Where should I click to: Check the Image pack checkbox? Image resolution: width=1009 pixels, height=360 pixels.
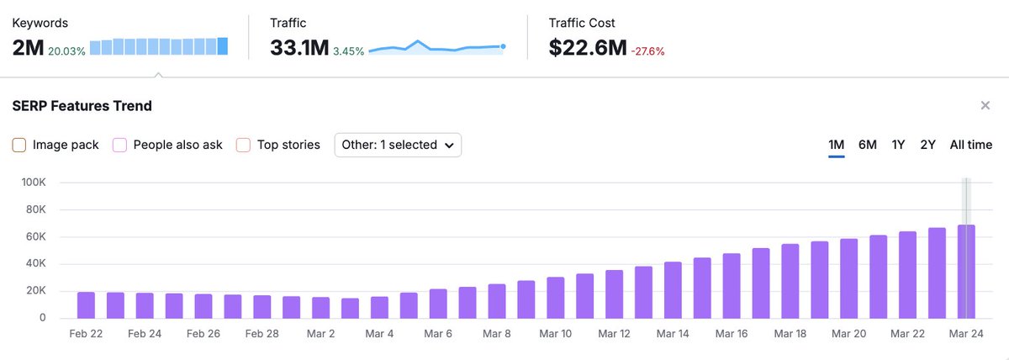pyautogui.click(x=19, y=145)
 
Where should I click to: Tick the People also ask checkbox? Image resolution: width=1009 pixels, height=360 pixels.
pyautogui.click(x=119, y=145)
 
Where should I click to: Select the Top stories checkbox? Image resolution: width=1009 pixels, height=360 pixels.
pyautogui.click(x=244, y=145)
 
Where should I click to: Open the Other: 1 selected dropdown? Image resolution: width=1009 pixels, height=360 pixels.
pyautogui.click(x=398, y=145)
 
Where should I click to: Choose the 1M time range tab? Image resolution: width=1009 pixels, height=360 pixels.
pyautogui.click(x=836, y=145)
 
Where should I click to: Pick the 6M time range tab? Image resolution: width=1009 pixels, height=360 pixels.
pyautogui.click(x=867, y=145)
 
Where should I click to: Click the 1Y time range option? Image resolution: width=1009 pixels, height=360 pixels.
pyautogui.click(x=898, y=145)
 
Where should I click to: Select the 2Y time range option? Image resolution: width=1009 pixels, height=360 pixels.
pyautogui.click(x=927, y=145)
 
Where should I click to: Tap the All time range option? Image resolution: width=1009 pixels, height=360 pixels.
pyautogui.click(x=970, y=145)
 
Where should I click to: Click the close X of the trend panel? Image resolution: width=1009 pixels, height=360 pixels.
pyautogui.click(x=985, y=106)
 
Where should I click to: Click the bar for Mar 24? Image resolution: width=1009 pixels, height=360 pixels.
pyautogui.click(x=966, y=272)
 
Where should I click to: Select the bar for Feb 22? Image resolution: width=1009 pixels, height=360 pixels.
pyautogui.click(x=86, y=305)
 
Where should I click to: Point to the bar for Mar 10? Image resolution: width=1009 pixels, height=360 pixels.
pyautogui.click(x=555, y=298)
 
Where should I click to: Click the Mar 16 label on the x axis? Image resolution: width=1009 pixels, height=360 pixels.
pyautogui.click(x=732, y=334)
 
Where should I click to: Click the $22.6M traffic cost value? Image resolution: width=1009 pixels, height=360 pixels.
pyautogui.click(x=587, y=48)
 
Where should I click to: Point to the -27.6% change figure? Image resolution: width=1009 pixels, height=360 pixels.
pyautogui.click(x=647, y=51)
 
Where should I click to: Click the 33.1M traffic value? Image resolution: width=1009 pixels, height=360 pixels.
pyautogui.click(x=298, y=48)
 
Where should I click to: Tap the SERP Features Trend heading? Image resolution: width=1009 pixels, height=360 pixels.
pyautogui.click(x=82, y=106)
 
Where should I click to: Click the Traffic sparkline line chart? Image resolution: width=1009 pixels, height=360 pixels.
pyautogui.click(x=436, y=47)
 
